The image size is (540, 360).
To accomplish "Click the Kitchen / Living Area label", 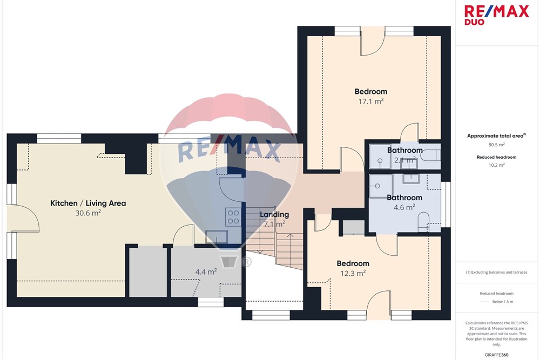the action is tap(88, 203).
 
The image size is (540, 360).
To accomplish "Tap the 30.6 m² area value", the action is tap(88, 213).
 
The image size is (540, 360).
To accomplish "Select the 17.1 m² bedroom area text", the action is tap(371, 101).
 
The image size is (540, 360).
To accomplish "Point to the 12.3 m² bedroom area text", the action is tap(353, 273).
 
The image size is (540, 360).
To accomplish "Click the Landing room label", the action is tap(274, 214).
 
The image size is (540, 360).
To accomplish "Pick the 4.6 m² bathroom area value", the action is tap(404, 207).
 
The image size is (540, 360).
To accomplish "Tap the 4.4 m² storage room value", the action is tap(206, 272).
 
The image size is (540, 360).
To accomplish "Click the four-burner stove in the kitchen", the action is tap(233, 217).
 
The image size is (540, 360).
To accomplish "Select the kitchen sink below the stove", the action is tap(217, 237).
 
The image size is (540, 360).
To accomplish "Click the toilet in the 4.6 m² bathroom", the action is tap(423, 222).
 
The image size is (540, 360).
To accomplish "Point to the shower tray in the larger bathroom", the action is tap(381, 186).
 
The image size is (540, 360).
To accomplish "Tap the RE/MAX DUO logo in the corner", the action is tap(496, 15).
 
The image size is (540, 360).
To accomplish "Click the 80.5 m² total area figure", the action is tap(496, 145).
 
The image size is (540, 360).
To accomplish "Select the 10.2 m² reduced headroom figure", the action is tap(496, 165).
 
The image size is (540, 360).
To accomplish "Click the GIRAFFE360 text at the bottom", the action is tap(496, 355).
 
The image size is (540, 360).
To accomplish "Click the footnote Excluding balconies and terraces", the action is tap(496, 272).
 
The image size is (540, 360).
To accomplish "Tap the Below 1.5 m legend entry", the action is tap(502, 302).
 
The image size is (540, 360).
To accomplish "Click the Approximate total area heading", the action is tap(496, 136).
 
